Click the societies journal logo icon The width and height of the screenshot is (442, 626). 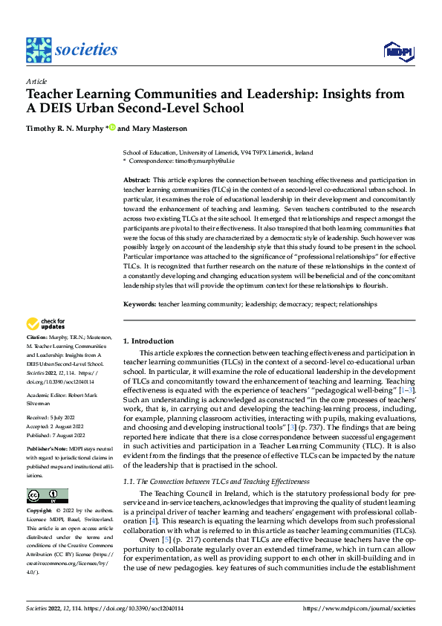(x=39, y=50)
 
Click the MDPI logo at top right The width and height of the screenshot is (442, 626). (x=397, y=51)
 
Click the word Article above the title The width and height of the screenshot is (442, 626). (x=36, y=81)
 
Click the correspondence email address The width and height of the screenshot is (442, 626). (x=204, y=161)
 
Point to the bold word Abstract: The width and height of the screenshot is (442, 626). (x=136, y=180)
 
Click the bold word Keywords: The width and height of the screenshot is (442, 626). (x=139, y=304)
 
